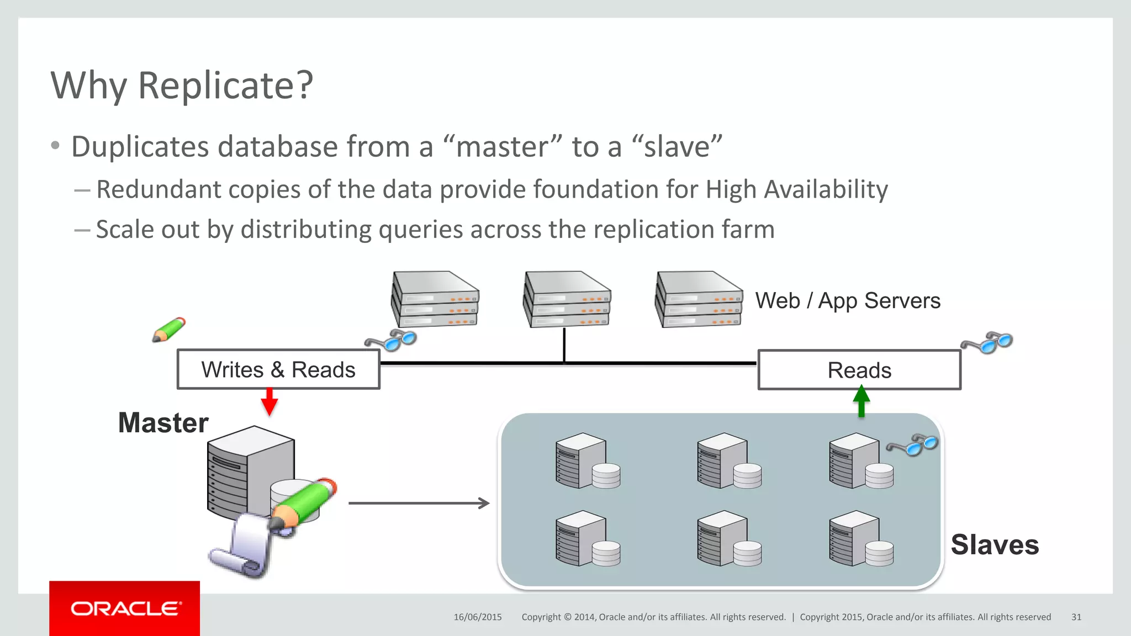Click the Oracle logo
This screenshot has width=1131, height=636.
click(125, 608)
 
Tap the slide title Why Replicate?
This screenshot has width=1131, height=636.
click(182, 86)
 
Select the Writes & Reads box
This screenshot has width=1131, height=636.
click(278, 369)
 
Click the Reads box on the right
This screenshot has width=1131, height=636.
click(859, 370)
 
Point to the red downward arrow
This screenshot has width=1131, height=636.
click(269, 402)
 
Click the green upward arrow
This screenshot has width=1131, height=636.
click(861, 401)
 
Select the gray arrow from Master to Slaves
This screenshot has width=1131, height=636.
click(419, 503)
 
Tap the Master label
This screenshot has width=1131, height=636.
click(163, 423)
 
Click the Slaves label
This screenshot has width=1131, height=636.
click(995, 544)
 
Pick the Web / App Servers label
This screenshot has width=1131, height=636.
click(848, 301)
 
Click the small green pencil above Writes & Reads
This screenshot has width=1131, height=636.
click(169, 330)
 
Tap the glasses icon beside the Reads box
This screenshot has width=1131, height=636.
click(987, 342)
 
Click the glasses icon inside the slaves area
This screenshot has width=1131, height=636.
click(912, 444)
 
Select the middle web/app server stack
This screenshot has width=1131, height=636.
click(567, 299)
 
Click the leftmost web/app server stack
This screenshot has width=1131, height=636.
click(435, 299)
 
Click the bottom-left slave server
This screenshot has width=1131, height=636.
click(587, 539)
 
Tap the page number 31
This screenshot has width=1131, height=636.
click(1076, 617)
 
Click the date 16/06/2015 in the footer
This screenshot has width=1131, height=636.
click(478, 617)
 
